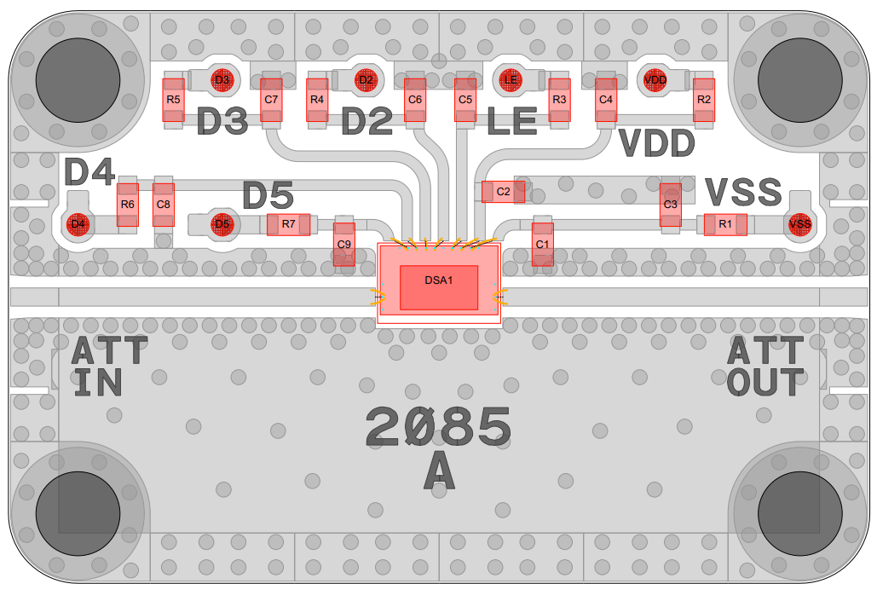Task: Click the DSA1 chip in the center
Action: tap(439, 284)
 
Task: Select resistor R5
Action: tap(173, 100)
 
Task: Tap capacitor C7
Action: tap(271, 100)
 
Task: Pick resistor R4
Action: tap(317, 100)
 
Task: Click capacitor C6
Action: tap(415, 100)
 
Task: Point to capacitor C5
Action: tap(465, 100)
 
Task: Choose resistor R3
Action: tap(559, 100)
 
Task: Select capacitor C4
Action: tap(606, 100)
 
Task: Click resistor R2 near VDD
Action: tap(704, 100)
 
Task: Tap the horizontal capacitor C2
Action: tap(504, 192)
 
